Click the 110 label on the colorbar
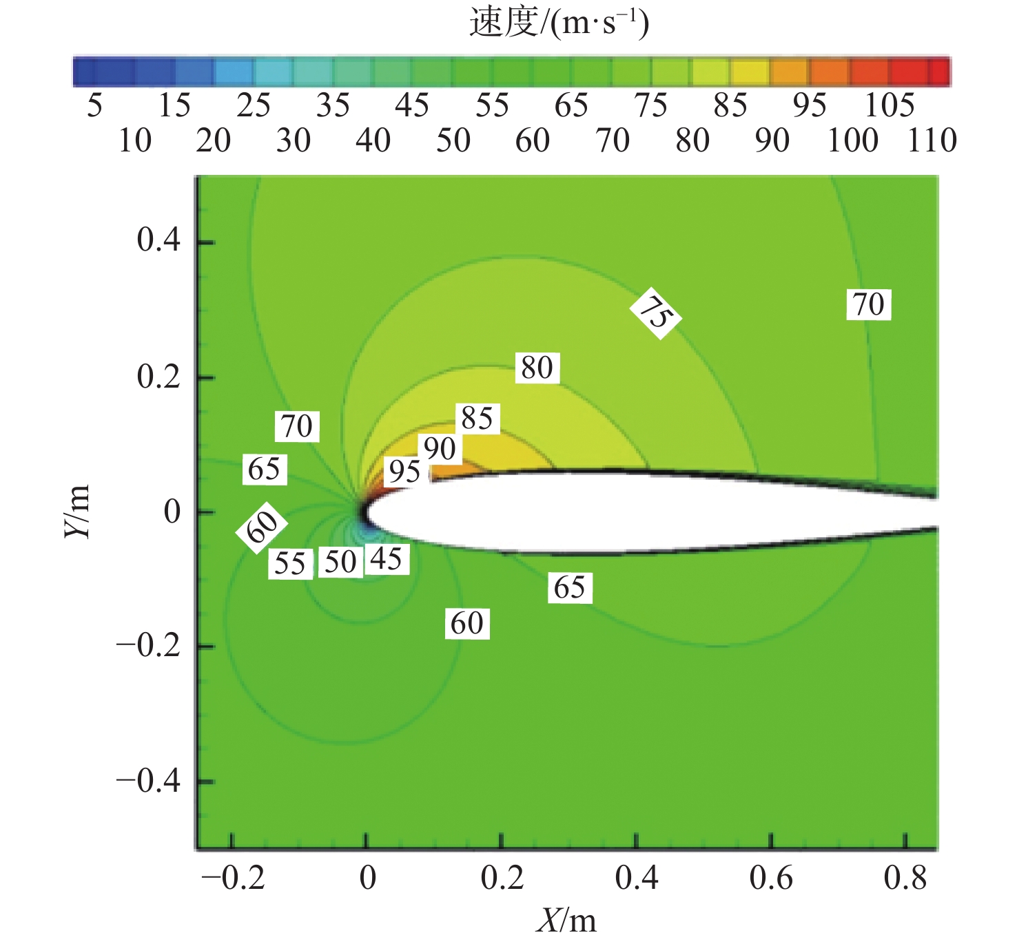(x=932, y=141)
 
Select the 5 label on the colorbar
(x=95, y=106)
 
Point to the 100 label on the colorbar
(x=852, y=141)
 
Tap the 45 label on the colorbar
(x=412, y=106)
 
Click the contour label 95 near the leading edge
(x=404, y=472)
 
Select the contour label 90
(x=440, y=449)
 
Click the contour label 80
(x=537, y=368)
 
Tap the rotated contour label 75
(x=655, y=315)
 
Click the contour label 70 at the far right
(x=868, y=305)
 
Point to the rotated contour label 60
(x=262, y=527)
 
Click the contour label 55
(x=290, y=564)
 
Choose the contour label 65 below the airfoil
(x=570, y=588)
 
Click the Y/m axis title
(x=77, y=512)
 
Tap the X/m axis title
(x=566, y=920)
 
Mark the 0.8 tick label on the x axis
(x=905, y=879)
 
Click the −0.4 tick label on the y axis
(x=148, y=781)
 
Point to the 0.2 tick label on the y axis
(x=158, y=377)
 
